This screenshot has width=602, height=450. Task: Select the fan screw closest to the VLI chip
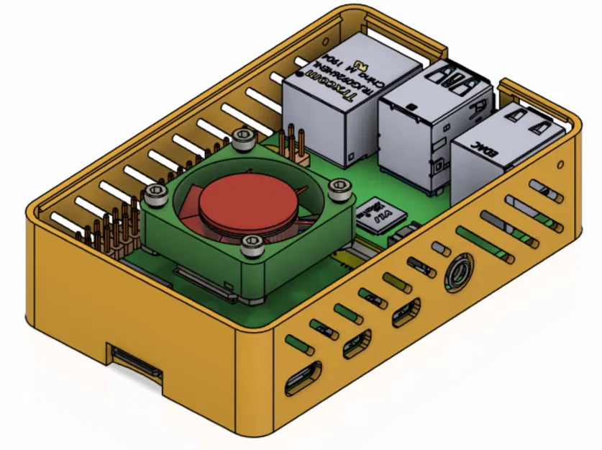click(x=337, y=187)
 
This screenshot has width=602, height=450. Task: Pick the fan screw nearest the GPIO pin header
click(x=155, y=192)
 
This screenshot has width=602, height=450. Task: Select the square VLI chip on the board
click(x=380, y=214)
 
